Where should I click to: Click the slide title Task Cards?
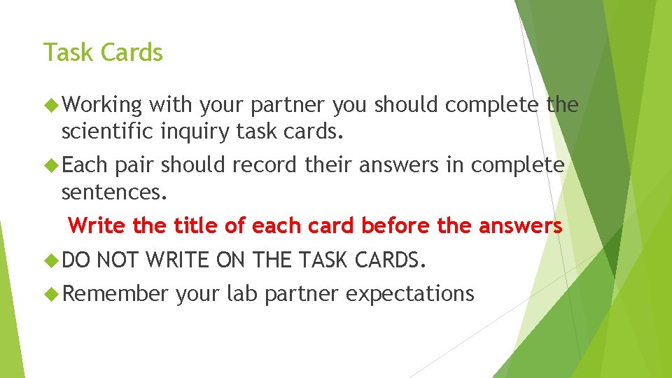(103, 52)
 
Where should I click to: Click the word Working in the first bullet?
(102, 106)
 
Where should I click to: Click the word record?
(259, 165)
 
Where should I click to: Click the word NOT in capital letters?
(117, 260)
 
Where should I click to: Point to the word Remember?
(115, 294)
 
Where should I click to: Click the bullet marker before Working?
(50, 106)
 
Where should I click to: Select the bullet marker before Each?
(50, 165)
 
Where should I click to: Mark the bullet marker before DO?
(50, 260)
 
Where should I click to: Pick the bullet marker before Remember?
(50, 294)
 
